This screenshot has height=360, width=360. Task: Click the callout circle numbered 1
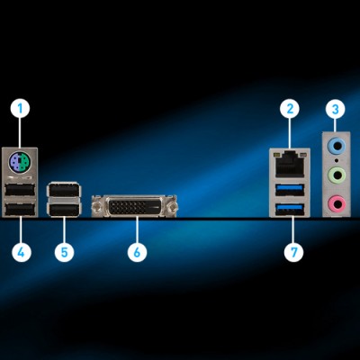pyautogui.click(x=21, y=108)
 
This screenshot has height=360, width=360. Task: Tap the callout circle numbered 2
pyautogui.click(x=290, y=108)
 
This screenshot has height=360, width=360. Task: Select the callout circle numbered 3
pyautogui.click(x=336, y=109)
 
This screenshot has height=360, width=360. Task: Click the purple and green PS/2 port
pyautogui.click(x=20, y=162)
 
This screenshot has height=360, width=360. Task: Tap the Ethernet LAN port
pyautogui.click(x=290, y=165)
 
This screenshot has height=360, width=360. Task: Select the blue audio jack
pyautogui.click(x=337, y=146)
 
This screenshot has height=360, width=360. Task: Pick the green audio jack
pyautogui.click(x=337, y=175)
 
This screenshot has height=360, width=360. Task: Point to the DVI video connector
pyautogui.click(x=134, y=206)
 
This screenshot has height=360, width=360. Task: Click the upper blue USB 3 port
pyautogui.click(x=290, y=189)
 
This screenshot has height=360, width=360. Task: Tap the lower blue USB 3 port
pyautogui.click(x=290, y=208)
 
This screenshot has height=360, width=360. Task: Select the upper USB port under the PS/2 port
pyautogui.click(x=20, y=189)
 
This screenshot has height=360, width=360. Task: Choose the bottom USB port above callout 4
pyautogui.click(x=20, y=209)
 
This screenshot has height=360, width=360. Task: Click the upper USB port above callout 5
pyautogui.click(x=64, y=190)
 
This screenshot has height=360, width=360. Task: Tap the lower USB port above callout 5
pyautogui.click(x=64, y=209)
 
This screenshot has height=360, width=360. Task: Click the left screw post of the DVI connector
pyautogui.click(x=97, y=206)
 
